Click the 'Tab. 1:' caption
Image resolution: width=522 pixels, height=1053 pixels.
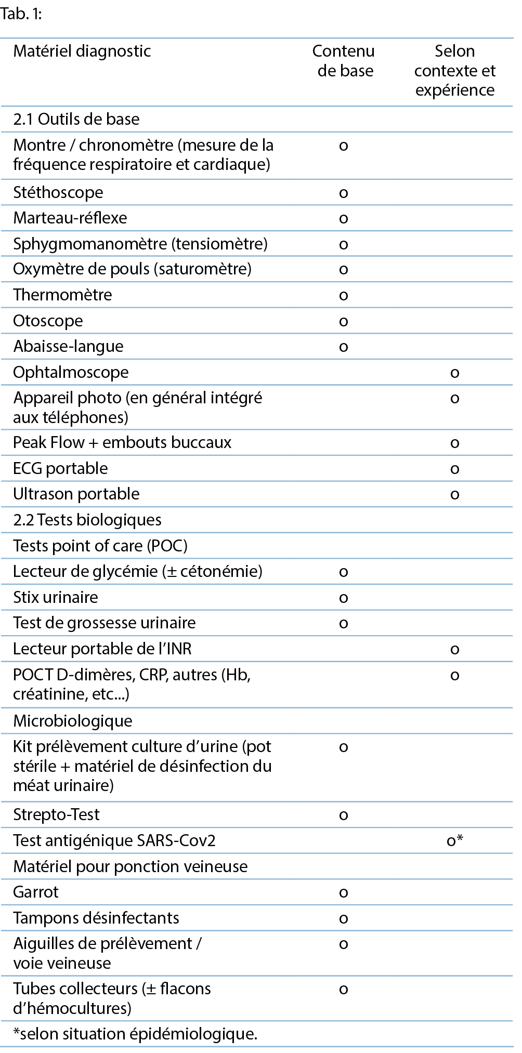tap(21, 14)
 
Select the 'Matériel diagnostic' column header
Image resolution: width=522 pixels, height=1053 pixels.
tap(82, 51)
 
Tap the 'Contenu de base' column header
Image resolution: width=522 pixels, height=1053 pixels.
tap(344, 61)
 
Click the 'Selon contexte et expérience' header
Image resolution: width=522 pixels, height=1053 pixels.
tap(455, 70)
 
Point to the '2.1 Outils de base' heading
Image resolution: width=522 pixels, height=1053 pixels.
tap(76, 119)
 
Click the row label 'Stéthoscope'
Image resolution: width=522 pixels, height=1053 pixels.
tap(58, 192)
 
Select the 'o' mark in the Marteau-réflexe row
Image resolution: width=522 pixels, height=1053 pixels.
tap(343, 218)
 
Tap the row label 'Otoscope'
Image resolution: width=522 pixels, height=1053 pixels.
tap(48, 321)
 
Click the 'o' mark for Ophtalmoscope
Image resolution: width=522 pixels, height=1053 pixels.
tap(455, 373)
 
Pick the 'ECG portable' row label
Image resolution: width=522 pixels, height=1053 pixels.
tap(60, 468)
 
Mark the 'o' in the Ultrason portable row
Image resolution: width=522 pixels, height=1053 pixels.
tap(455, 494)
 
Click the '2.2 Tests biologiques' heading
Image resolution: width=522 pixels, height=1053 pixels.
tap(87, 520)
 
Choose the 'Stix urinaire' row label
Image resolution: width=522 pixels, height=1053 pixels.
tap(56, 597)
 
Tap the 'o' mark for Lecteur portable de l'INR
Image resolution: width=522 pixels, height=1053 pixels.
tap(455, 649)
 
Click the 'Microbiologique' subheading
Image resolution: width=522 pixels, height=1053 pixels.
tap(73, 721)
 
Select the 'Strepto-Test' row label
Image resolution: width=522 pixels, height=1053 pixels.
tap(56, 814)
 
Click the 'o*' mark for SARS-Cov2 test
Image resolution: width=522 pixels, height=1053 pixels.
tap(455, 840)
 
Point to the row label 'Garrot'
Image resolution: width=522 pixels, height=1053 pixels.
tap(36, 892)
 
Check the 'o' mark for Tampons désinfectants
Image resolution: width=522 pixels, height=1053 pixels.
tap(343, 918)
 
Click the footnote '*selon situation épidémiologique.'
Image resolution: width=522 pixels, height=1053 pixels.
tap(135, 1034)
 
